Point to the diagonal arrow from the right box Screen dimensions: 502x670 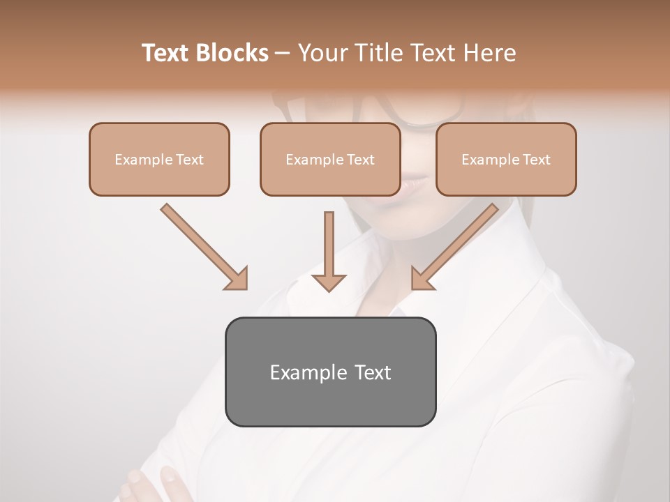click(x=456, y=245)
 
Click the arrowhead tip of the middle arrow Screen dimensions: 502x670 click(x=329, y=288)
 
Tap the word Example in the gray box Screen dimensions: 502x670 click(x=299, y=372)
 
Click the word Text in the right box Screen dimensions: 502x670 click(x=537, y=160)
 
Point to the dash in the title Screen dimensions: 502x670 click(x=283, y=54)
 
